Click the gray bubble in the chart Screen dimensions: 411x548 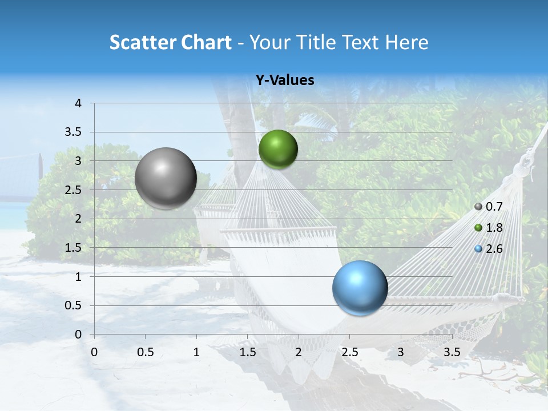166,178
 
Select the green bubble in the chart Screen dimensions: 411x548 278,149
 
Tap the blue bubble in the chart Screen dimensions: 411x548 360,288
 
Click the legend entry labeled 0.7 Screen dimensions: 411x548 489,207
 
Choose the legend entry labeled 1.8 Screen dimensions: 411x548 489,228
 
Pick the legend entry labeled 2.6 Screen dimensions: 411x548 489,249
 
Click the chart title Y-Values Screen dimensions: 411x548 284,80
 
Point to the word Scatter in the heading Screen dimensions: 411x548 143,42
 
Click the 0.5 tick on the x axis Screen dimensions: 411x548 145,352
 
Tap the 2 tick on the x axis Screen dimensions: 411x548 299,352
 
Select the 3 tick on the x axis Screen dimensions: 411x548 401,352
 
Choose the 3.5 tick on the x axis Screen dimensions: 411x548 452,352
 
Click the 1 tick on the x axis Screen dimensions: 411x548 196,352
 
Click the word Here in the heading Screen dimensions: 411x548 406,42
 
